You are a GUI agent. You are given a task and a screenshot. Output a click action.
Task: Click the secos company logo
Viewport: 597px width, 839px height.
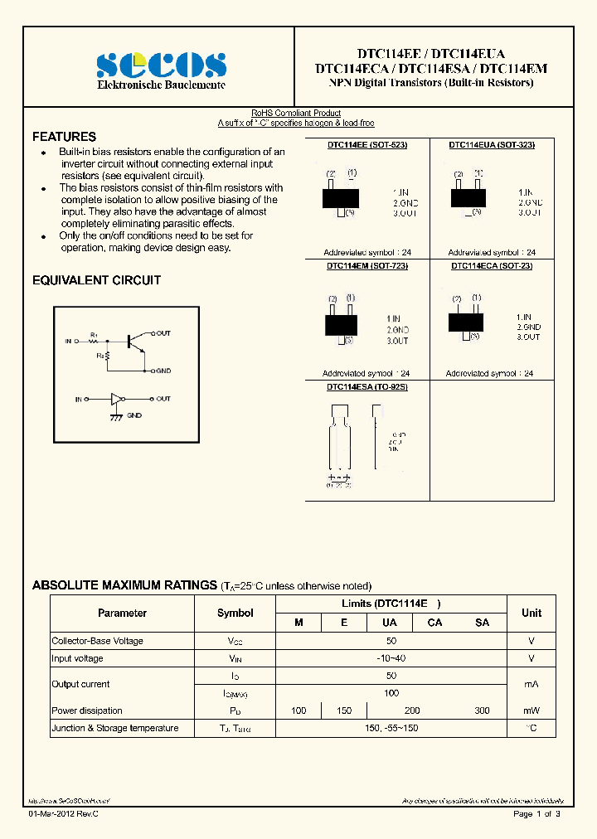(161, 65)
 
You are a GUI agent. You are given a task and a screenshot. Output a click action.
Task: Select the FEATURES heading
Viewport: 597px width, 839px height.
(64, 137)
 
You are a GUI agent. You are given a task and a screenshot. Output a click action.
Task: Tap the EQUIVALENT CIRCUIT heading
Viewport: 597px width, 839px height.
(96, 280)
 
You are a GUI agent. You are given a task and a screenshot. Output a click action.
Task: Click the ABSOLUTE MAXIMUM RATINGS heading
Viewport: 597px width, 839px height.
(124, 585)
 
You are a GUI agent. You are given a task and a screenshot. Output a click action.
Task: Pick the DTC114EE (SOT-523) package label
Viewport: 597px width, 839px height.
(366, 144)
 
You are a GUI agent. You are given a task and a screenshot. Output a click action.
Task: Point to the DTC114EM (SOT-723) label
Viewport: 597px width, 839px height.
(366, 266)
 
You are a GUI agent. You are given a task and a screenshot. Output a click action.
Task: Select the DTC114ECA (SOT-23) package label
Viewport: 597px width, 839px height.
(492, 266)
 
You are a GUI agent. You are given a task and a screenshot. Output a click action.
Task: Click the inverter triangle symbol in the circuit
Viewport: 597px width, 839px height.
(118, 399)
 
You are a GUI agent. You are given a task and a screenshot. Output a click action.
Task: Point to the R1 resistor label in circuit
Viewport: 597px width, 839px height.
(95, 334)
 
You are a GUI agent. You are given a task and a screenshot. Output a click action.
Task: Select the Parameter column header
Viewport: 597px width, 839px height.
(122, 613)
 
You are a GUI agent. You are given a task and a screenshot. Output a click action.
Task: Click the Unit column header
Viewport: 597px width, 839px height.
(531, 613)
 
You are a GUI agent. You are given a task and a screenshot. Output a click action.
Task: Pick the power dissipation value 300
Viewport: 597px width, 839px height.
(482, 710)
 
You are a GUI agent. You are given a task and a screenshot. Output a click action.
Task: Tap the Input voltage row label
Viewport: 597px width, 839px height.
(78, 658)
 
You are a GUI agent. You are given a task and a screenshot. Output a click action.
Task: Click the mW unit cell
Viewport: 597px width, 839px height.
(531, 710)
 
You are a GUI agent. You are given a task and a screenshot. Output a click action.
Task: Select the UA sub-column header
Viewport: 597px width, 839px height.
(389, 623)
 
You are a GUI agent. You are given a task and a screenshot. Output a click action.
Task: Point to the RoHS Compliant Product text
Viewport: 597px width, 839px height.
(296, 114)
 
